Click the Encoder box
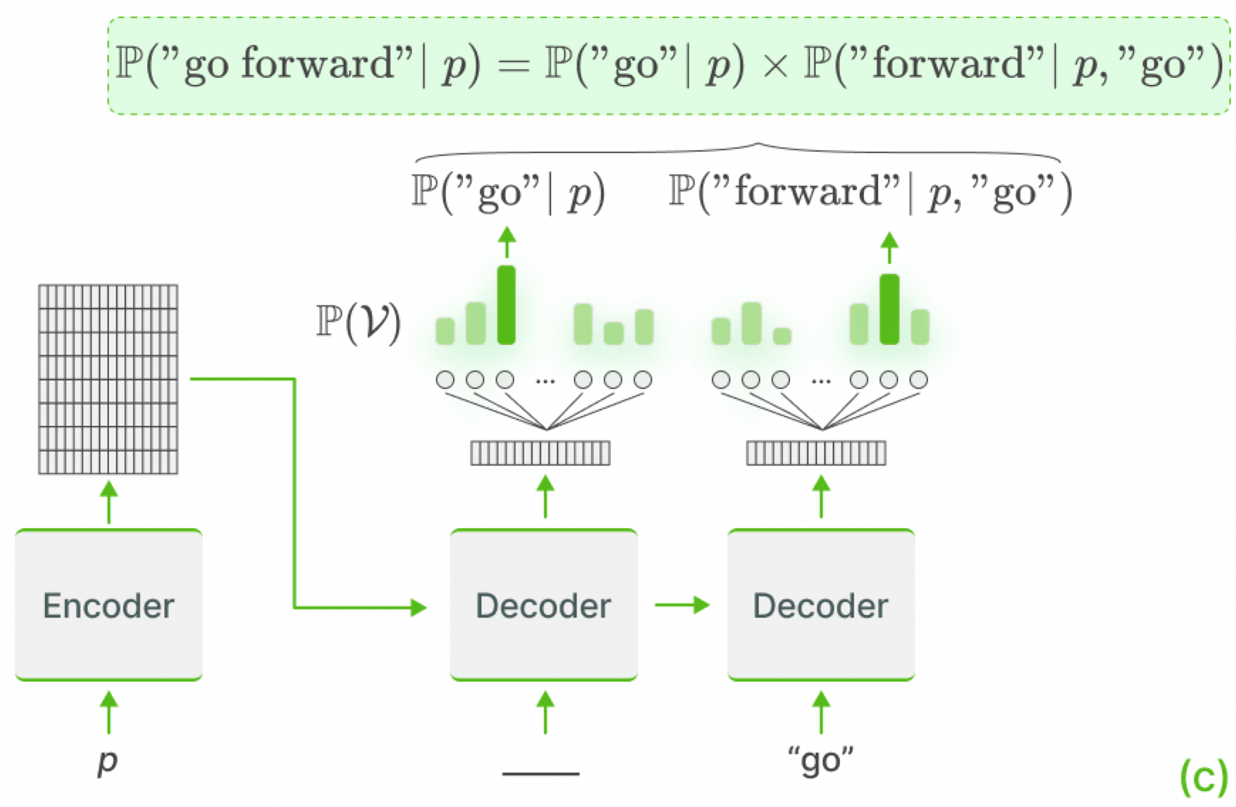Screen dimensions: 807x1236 108,605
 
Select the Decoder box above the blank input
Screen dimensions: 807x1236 543,605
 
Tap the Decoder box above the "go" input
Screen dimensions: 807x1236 820,605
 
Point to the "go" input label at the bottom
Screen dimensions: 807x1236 820,761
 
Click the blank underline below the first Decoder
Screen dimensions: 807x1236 541,774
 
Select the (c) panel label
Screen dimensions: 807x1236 1203,777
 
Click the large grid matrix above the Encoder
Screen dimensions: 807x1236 108,379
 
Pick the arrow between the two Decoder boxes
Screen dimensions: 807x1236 682,605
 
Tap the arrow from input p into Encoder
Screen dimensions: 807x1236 108,713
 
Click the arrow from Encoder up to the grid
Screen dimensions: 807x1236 108,503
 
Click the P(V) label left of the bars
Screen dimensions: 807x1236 358,323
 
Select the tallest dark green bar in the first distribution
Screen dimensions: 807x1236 506,305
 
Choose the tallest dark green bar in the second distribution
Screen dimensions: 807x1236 889,310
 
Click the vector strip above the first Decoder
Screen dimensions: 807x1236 540,453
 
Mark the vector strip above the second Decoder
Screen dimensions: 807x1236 816,453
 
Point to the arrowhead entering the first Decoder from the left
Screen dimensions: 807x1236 419,608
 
